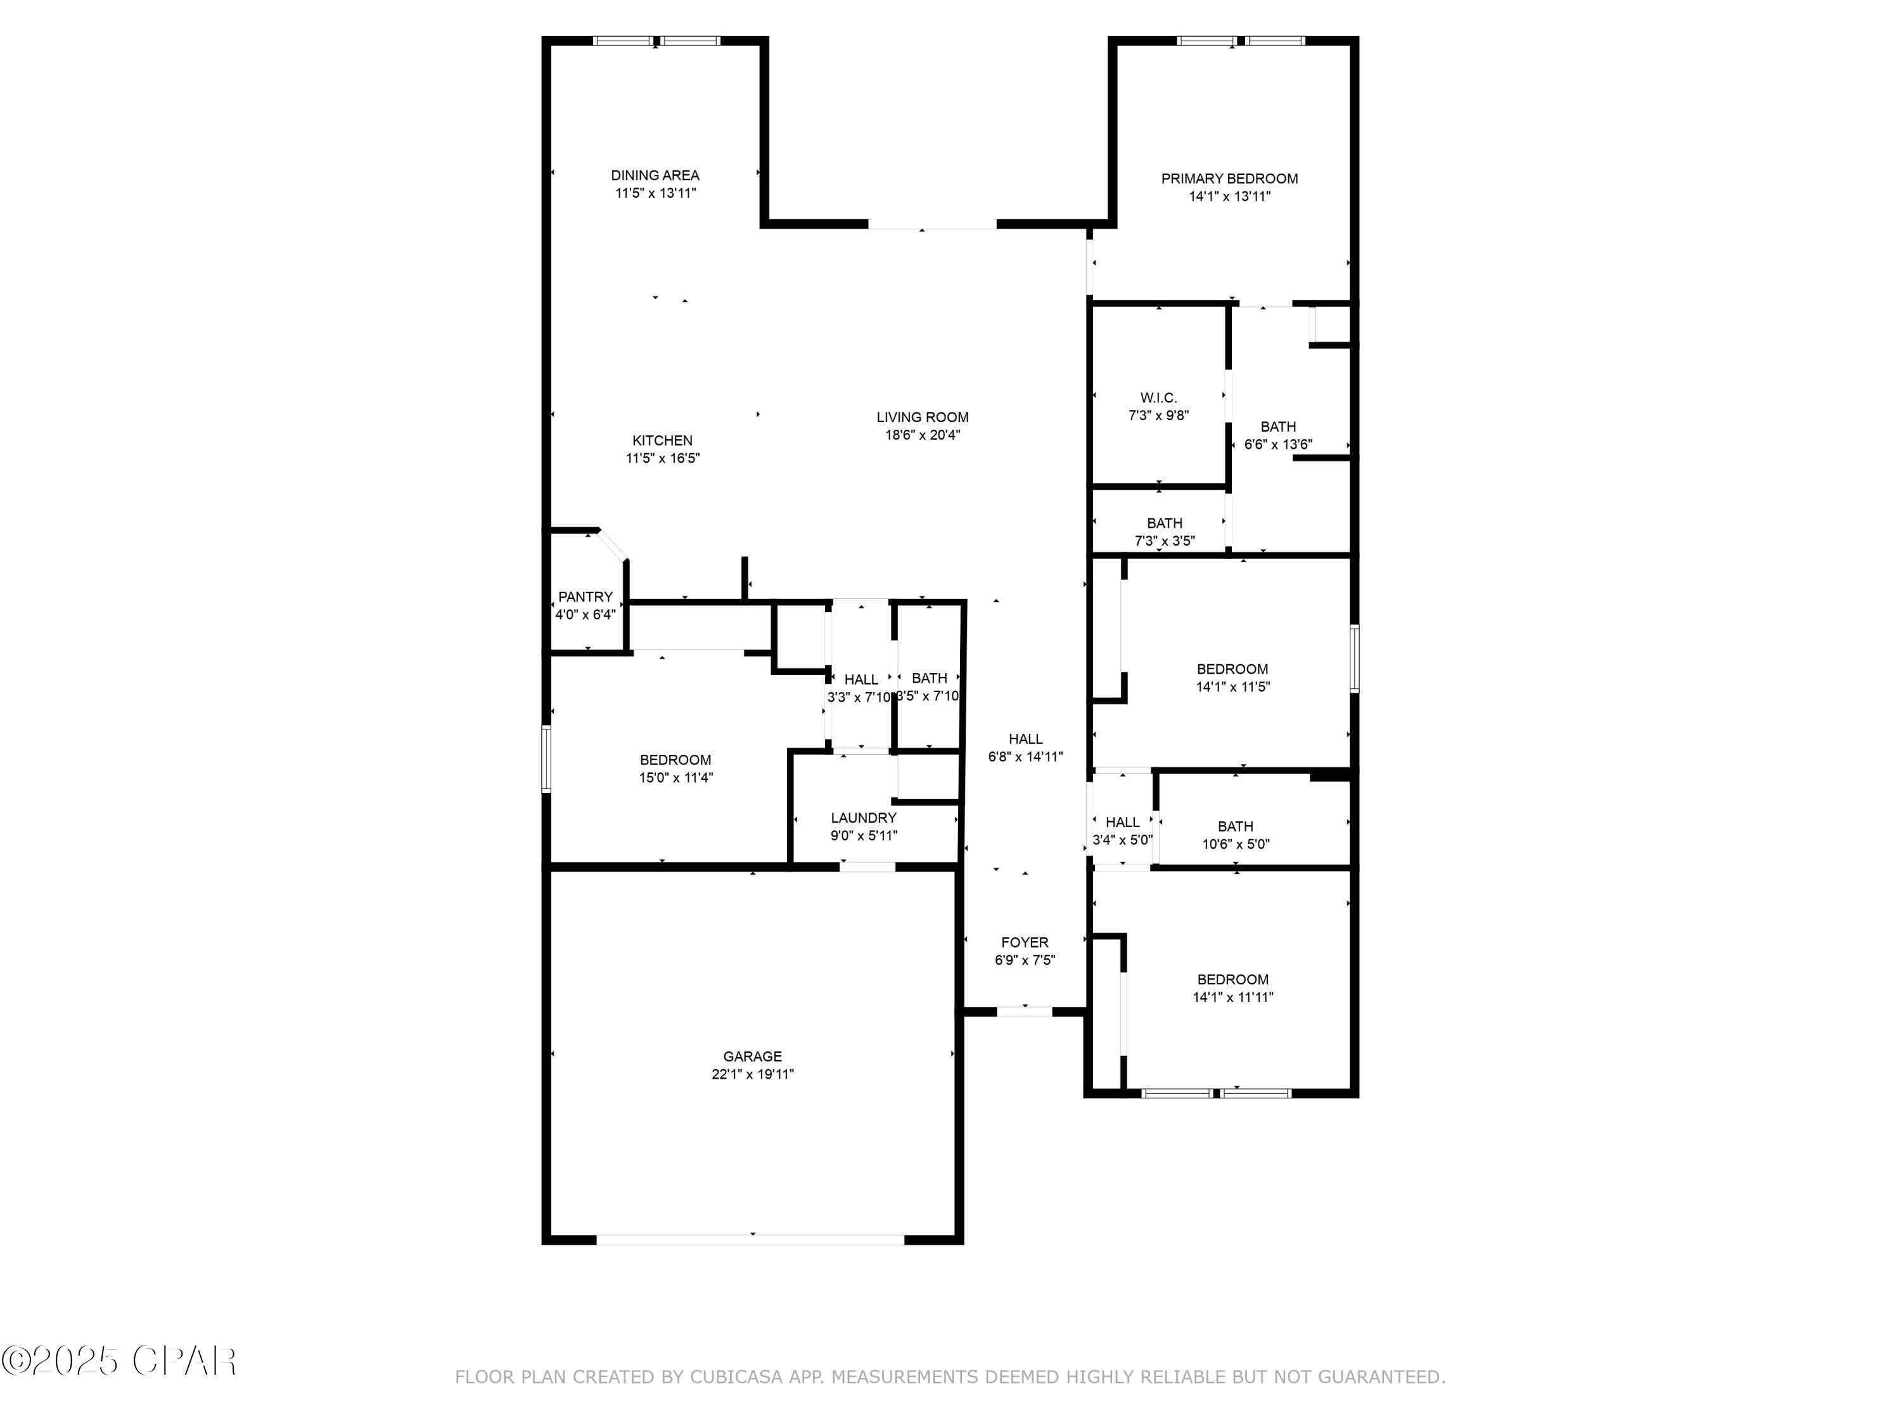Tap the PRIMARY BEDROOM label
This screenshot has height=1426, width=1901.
pos(1229,179)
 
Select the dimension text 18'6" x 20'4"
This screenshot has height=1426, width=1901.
pos(922,435)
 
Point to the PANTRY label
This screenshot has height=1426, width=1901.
pos(586,596)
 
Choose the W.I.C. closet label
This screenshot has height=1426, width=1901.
pos(1158,398)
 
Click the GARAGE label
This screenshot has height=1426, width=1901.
pos(752,1057)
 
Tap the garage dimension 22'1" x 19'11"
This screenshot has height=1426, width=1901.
pos(752,1074)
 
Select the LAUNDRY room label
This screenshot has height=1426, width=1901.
pos(864,818)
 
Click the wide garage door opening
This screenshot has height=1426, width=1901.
pos(750,1240)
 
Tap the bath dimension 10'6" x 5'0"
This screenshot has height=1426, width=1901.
pos(1235,844)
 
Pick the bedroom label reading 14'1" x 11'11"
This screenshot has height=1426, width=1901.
pos(1232,997)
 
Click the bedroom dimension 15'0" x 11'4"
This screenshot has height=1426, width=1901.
pos(675,778)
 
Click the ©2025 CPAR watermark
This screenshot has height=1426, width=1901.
pos(118,1361)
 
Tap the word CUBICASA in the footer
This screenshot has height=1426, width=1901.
pos(736,1377)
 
